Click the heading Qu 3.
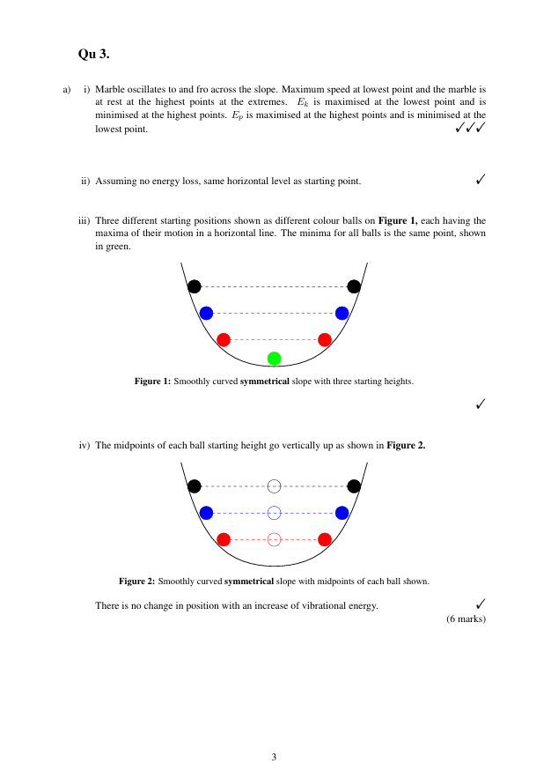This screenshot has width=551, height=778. (94, 54)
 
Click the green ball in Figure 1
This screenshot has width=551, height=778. (274, 358)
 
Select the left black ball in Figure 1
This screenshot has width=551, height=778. (195, 285)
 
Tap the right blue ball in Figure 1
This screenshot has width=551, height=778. (342, 313)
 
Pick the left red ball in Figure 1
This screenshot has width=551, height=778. (224, 339)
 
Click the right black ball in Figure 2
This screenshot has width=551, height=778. (354, 485)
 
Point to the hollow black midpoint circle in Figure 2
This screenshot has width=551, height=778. (274, 485)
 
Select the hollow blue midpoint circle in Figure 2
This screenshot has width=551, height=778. (274, 513)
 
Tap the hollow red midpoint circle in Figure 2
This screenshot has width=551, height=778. (274, 539)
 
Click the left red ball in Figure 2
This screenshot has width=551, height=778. (224, 539)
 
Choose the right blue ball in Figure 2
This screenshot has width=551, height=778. (342, 513)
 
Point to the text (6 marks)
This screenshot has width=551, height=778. (467, 619)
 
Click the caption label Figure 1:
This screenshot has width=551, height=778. (152, 382)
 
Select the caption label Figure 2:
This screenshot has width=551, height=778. (137, 581)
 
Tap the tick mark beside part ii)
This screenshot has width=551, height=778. (481, 180)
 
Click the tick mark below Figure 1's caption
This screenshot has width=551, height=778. (481, 404)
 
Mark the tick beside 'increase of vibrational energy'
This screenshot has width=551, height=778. (481, 604)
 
